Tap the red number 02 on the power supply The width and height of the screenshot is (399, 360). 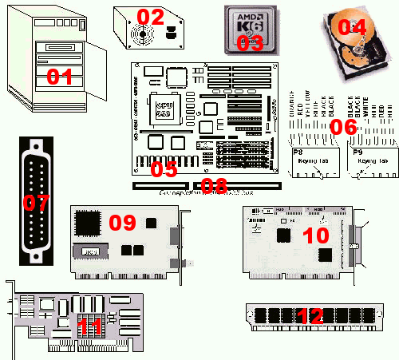pyautogui.click(x=151, y=17)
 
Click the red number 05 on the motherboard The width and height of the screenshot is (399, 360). pyautogui.click(x=164, y=168)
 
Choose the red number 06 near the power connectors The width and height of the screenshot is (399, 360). pyautogui.click(x=344, y=127)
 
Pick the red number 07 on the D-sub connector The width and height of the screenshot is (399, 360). pyautogui.click(x=36, y=203)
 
